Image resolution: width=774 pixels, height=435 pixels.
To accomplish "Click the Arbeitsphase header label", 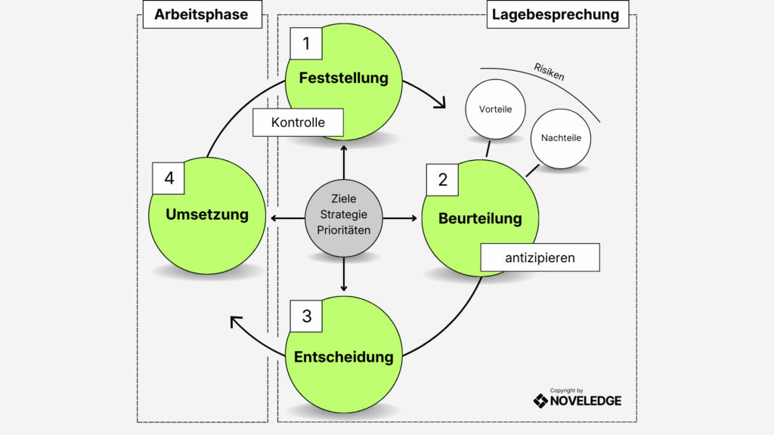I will tap(201, 14).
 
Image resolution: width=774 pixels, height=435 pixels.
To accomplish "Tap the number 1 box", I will tap(306, 44).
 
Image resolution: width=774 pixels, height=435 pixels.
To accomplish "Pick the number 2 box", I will tap(443, 180).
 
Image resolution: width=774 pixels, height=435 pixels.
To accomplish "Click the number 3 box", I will tap(306, 316).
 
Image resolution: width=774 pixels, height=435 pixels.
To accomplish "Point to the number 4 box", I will tap(169, 178).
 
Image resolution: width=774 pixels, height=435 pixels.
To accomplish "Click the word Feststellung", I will tap(343, 78).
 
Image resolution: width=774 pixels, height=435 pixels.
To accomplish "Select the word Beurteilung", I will tap(480, 219).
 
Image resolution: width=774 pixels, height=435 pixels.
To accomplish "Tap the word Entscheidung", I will tap(343, 356).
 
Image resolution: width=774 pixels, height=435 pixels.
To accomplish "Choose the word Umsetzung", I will tap(207, 214).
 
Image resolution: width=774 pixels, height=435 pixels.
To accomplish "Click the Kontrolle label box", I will tap(298, 122).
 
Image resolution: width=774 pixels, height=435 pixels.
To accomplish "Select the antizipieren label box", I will tap(540, 258).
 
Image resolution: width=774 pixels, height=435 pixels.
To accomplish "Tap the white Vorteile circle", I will tap(495, 110).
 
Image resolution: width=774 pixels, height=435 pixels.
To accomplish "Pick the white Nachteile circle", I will tap(561, 138).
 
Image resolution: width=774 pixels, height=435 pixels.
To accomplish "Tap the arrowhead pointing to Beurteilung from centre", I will tap(413, 218).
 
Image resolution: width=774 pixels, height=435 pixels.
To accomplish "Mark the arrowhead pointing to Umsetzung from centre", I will tap(274, 218).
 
